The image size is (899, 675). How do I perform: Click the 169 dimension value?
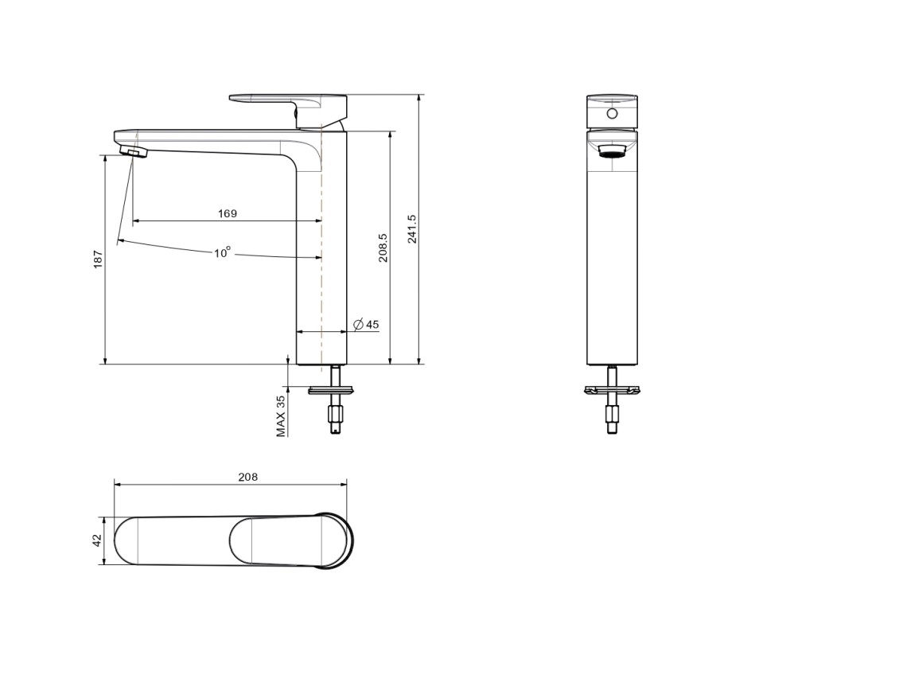(227, 213)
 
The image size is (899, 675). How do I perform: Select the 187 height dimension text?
(98, 259)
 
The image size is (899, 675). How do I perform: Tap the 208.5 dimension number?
(383, 248)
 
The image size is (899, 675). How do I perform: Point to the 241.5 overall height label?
(412, 228)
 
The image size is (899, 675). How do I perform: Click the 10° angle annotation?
(223, 252)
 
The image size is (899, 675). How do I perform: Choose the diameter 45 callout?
(367, 325)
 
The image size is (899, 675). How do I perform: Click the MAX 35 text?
(280, 416)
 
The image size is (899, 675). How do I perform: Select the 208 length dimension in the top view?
(247, 477)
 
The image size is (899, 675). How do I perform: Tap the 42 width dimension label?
(97, 540)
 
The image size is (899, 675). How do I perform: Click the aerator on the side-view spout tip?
(134, 151)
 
